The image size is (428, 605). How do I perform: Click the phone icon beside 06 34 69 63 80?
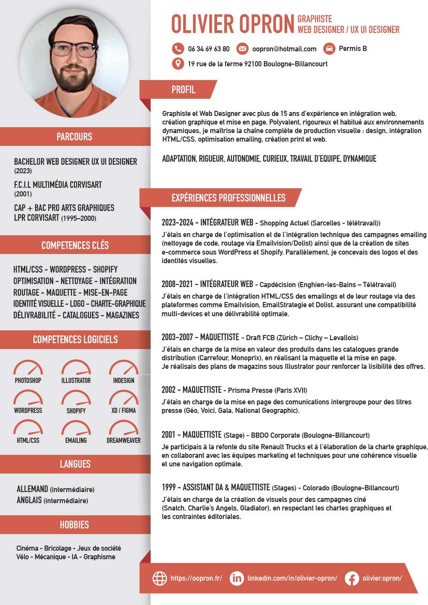tap(178, 48)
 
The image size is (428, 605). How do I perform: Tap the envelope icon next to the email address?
tap(242, 48)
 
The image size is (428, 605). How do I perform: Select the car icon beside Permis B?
tap(329, 48)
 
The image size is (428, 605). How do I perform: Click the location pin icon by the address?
tap(178, 63)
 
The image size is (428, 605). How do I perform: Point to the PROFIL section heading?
tap(183, 89)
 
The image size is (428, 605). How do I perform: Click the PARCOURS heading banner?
tap(74, 136)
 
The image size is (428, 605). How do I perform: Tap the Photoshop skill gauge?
tap(28, 368)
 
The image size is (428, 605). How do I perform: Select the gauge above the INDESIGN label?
tap(124, 368)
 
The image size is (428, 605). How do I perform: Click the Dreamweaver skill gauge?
tap(124, 427)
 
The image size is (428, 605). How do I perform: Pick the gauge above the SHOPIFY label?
tap(76, 398)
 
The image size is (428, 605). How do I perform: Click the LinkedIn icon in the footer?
tap(236, 578)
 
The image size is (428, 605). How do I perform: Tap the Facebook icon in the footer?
tap(352, 578)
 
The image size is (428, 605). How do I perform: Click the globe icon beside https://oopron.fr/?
tap(160, 578)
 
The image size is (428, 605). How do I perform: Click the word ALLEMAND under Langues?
tap(32, 489)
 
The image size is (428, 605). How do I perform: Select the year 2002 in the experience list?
tap(168, 390)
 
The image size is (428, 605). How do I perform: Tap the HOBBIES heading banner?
tap(74, 525)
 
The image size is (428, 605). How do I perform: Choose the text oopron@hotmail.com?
tap(284, 49)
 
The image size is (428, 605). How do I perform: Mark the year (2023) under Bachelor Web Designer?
tap(23, 171)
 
